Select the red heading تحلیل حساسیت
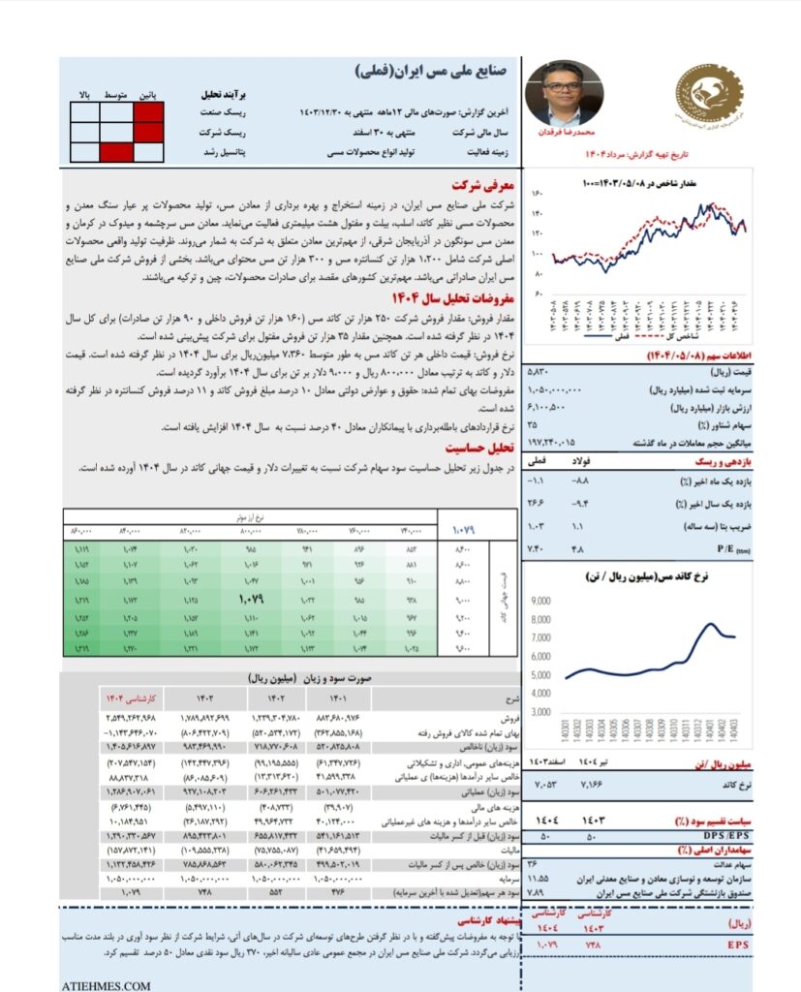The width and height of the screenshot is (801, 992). pos(477,449)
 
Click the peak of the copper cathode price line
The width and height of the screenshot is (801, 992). pos(711,624)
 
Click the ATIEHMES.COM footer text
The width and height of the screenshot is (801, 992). pos(106,985)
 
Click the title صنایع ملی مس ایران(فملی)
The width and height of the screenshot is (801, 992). pos(433,71)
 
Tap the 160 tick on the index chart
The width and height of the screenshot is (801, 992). pos(537,194)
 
